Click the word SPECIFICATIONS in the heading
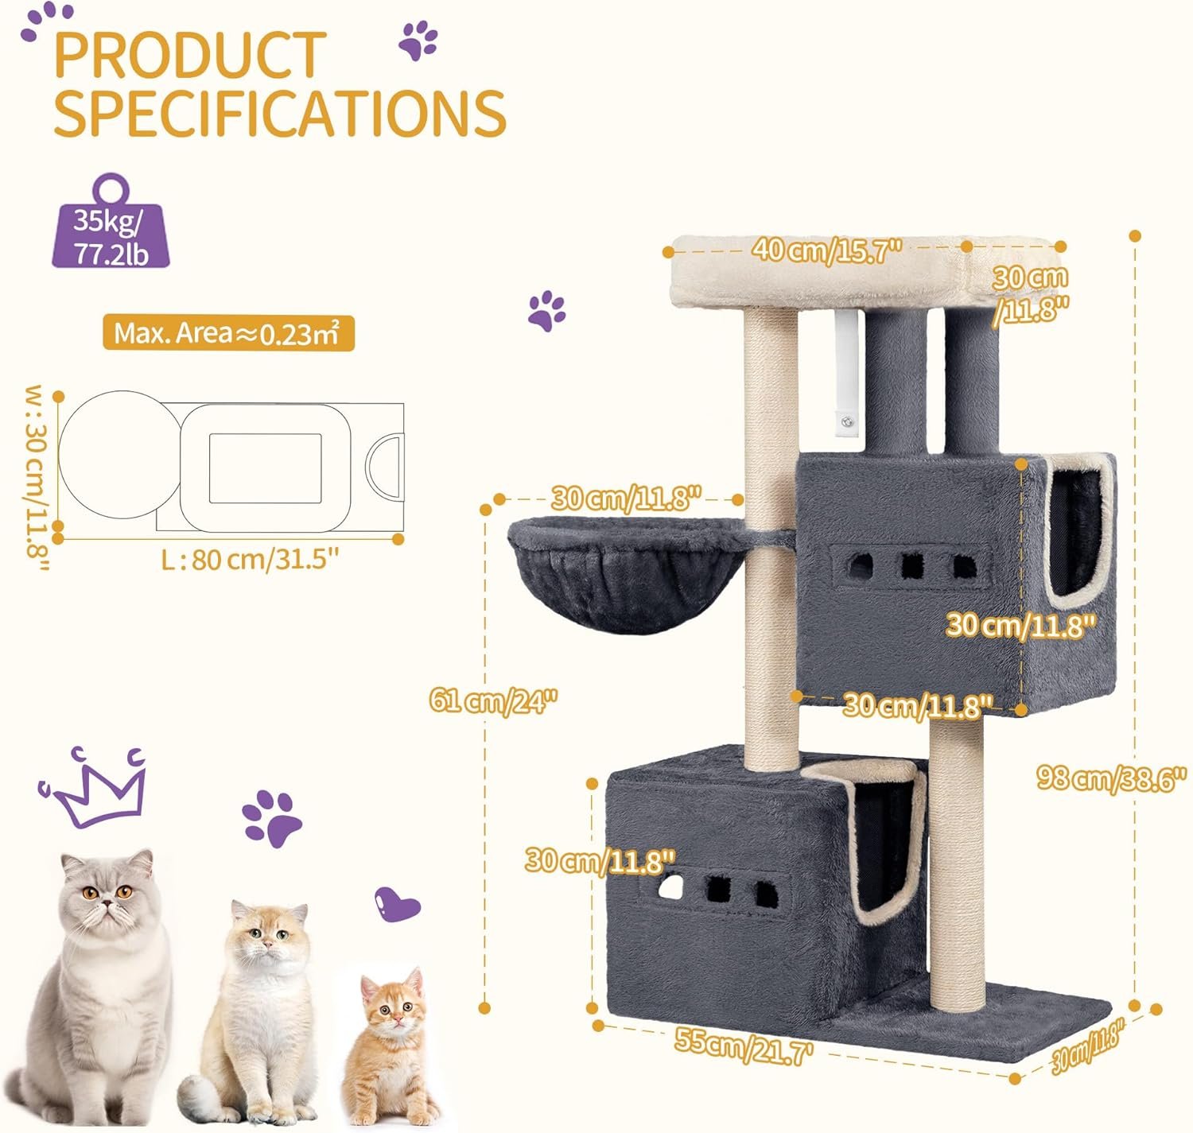pos(280,113)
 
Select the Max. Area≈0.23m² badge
pos(228,332)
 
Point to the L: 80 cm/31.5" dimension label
pos(250,559)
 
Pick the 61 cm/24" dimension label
pos(493,700)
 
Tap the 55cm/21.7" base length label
pos(744,1042)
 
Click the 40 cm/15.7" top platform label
pos(827,250)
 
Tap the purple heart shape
pos(397,906)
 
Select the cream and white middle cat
pos(255,1011)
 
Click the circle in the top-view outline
pos(119,455)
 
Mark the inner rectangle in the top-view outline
pos(265,468)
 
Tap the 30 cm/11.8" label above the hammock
pos(626,499)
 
